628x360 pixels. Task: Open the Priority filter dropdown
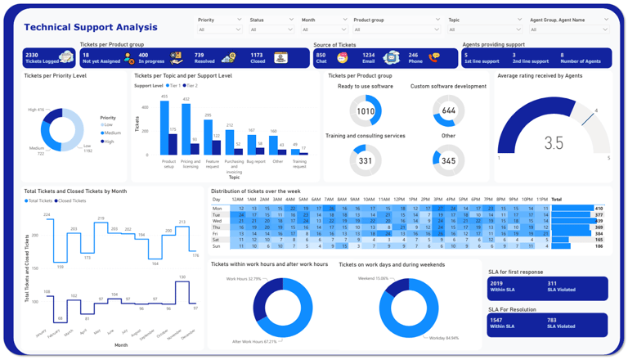pyautogui.click(x=219, y=29)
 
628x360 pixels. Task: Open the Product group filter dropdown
pyautogui.click(x=397, y=29)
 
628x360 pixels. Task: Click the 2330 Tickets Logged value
pyautogui.click(x=34, y=55)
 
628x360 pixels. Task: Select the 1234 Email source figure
pyautogui.click(x=369, y=56)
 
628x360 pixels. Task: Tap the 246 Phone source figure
pyautogui.click(x=413, y=56)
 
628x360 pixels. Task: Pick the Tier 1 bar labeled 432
pyautogui.click(x=186, y=129)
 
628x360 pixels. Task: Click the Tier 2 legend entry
pyautogui.click(x=191, y=86)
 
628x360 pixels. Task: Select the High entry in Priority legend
pyautogui.click(x=108, y=142)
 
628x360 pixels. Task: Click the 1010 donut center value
pyautogui.click(x=366, y=111)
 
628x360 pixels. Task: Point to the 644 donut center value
pyautogui.click(x=448, y=111)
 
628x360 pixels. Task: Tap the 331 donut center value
pyautogui.click(x=366, y=161)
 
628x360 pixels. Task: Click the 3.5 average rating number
pyautogui.click(x=554, y=142)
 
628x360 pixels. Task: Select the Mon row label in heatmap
pyautogui.click(x=217, y=209)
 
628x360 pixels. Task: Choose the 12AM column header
pyautogui.click(x=237, y=200)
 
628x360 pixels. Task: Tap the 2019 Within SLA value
pyautogui.click(x=496, y=283)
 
